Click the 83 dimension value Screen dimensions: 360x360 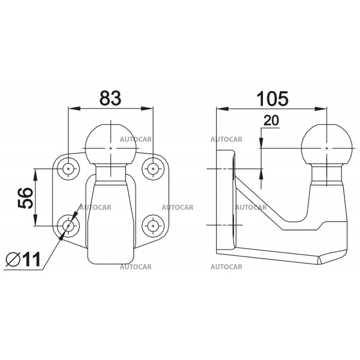110,98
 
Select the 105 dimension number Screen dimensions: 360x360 272,99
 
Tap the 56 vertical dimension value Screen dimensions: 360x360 26,198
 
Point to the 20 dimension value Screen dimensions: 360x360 271,120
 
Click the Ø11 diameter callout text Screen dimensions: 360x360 23,259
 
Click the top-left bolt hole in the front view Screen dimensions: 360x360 68,169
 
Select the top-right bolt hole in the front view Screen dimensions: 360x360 153,169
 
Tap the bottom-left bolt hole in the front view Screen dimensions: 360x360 68,226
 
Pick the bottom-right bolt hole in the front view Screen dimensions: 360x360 153,226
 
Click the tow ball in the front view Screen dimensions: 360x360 110,144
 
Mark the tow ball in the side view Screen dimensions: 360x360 327,144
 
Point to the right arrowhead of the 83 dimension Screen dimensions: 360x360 147,108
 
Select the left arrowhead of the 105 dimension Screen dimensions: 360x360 222,108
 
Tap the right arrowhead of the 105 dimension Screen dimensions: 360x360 320,108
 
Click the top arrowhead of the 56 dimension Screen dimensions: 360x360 35,175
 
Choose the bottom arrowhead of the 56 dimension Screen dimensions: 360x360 35,220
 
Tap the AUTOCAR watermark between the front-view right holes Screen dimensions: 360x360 177,207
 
